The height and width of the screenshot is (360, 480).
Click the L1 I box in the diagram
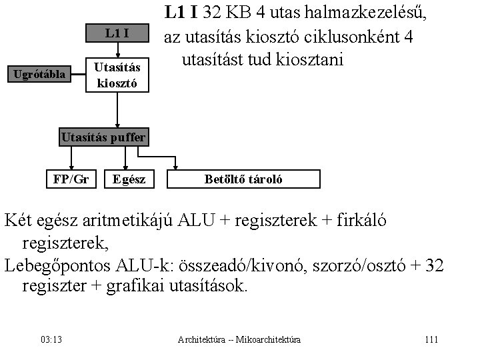click(117, 33)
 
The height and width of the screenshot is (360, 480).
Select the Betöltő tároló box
click(244, 179)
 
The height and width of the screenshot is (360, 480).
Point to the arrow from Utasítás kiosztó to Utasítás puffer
click(117, 110)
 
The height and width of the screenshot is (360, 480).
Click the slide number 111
click(431, 340)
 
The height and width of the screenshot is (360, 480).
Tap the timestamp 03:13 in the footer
click(51, 340)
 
